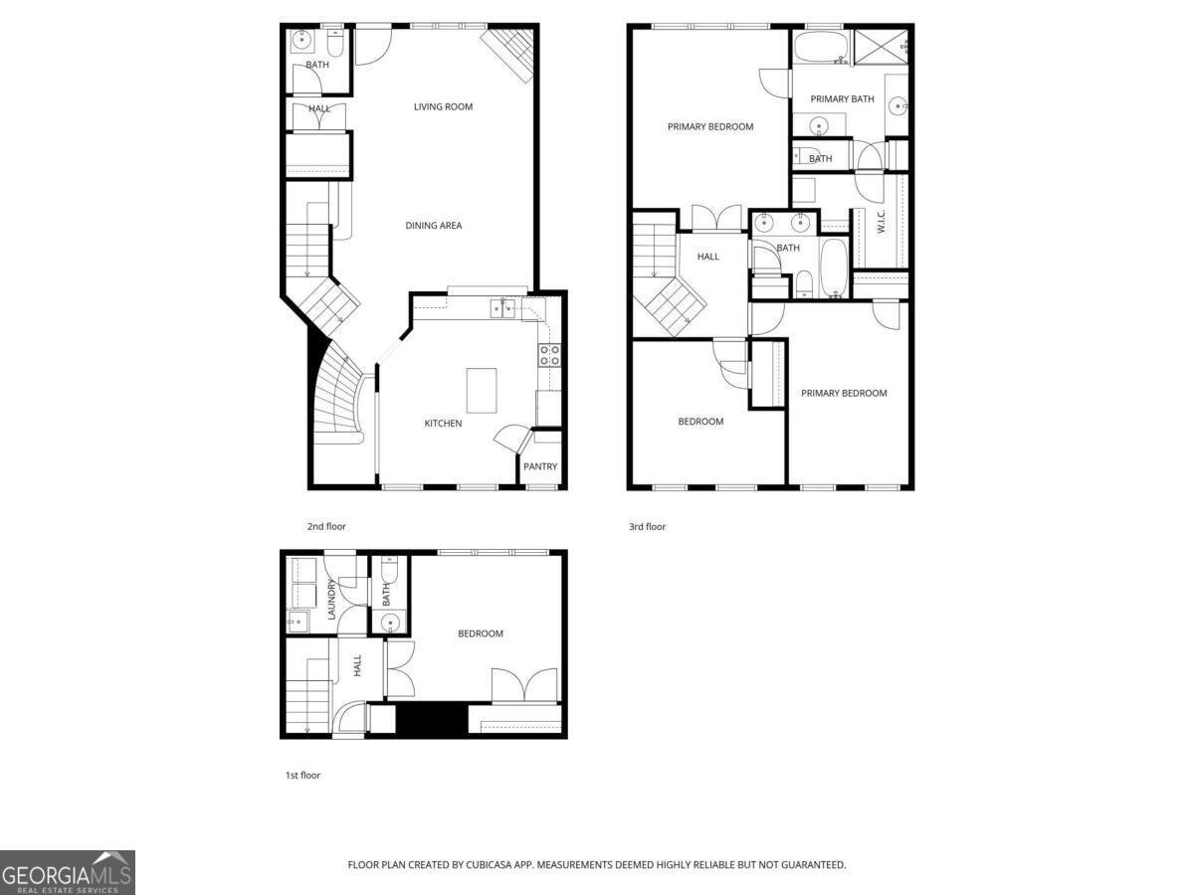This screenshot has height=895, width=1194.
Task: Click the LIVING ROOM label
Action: pyautogui.click(x=443, y=107)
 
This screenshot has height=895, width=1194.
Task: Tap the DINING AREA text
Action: pyautogui.click(x=433, y=226)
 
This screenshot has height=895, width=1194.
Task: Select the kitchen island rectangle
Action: pyautogui.click(x=482, y=390)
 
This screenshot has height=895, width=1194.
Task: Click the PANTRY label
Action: pyautogui.click(x=540, y=466)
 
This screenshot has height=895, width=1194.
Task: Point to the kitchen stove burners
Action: pyautogui.click(x=549, y=355)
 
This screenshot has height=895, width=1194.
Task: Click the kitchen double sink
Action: pyautogui.click(x=502, y=308)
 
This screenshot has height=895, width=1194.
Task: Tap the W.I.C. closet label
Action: pyautogui.click(x=882, y=221)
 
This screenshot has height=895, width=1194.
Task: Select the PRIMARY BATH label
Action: pyautogui.click(x=842, y=98)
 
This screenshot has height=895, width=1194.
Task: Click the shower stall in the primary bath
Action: pyautogui.click(x=881, y=47)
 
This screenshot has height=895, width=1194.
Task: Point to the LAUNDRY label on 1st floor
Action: pyautogui.click(x=331, y=599)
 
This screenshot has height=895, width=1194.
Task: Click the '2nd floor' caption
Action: pyautogui.click(x=326, y=526)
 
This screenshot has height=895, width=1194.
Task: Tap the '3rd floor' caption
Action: pyautogui.click(x=647, y=526)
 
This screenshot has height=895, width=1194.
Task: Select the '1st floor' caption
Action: pyautogui.click(x=303, y=775)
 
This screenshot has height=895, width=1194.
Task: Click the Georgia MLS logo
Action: pyautogui.click(x=67, y=872)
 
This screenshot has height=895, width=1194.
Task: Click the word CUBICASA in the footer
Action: pyautogui.click(x=489, y=864)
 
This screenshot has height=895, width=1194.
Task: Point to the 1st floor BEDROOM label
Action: pyautogui.click(x=481, y=633)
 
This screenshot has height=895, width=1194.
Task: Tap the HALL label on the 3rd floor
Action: pyautogui.click(x=707, y=257)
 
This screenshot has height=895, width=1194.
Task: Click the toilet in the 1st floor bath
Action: pyautogui.click(x=389, y=570)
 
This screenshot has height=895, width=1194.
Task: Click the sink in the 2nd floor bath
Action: pyautogui.click(x=301, y=40)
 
